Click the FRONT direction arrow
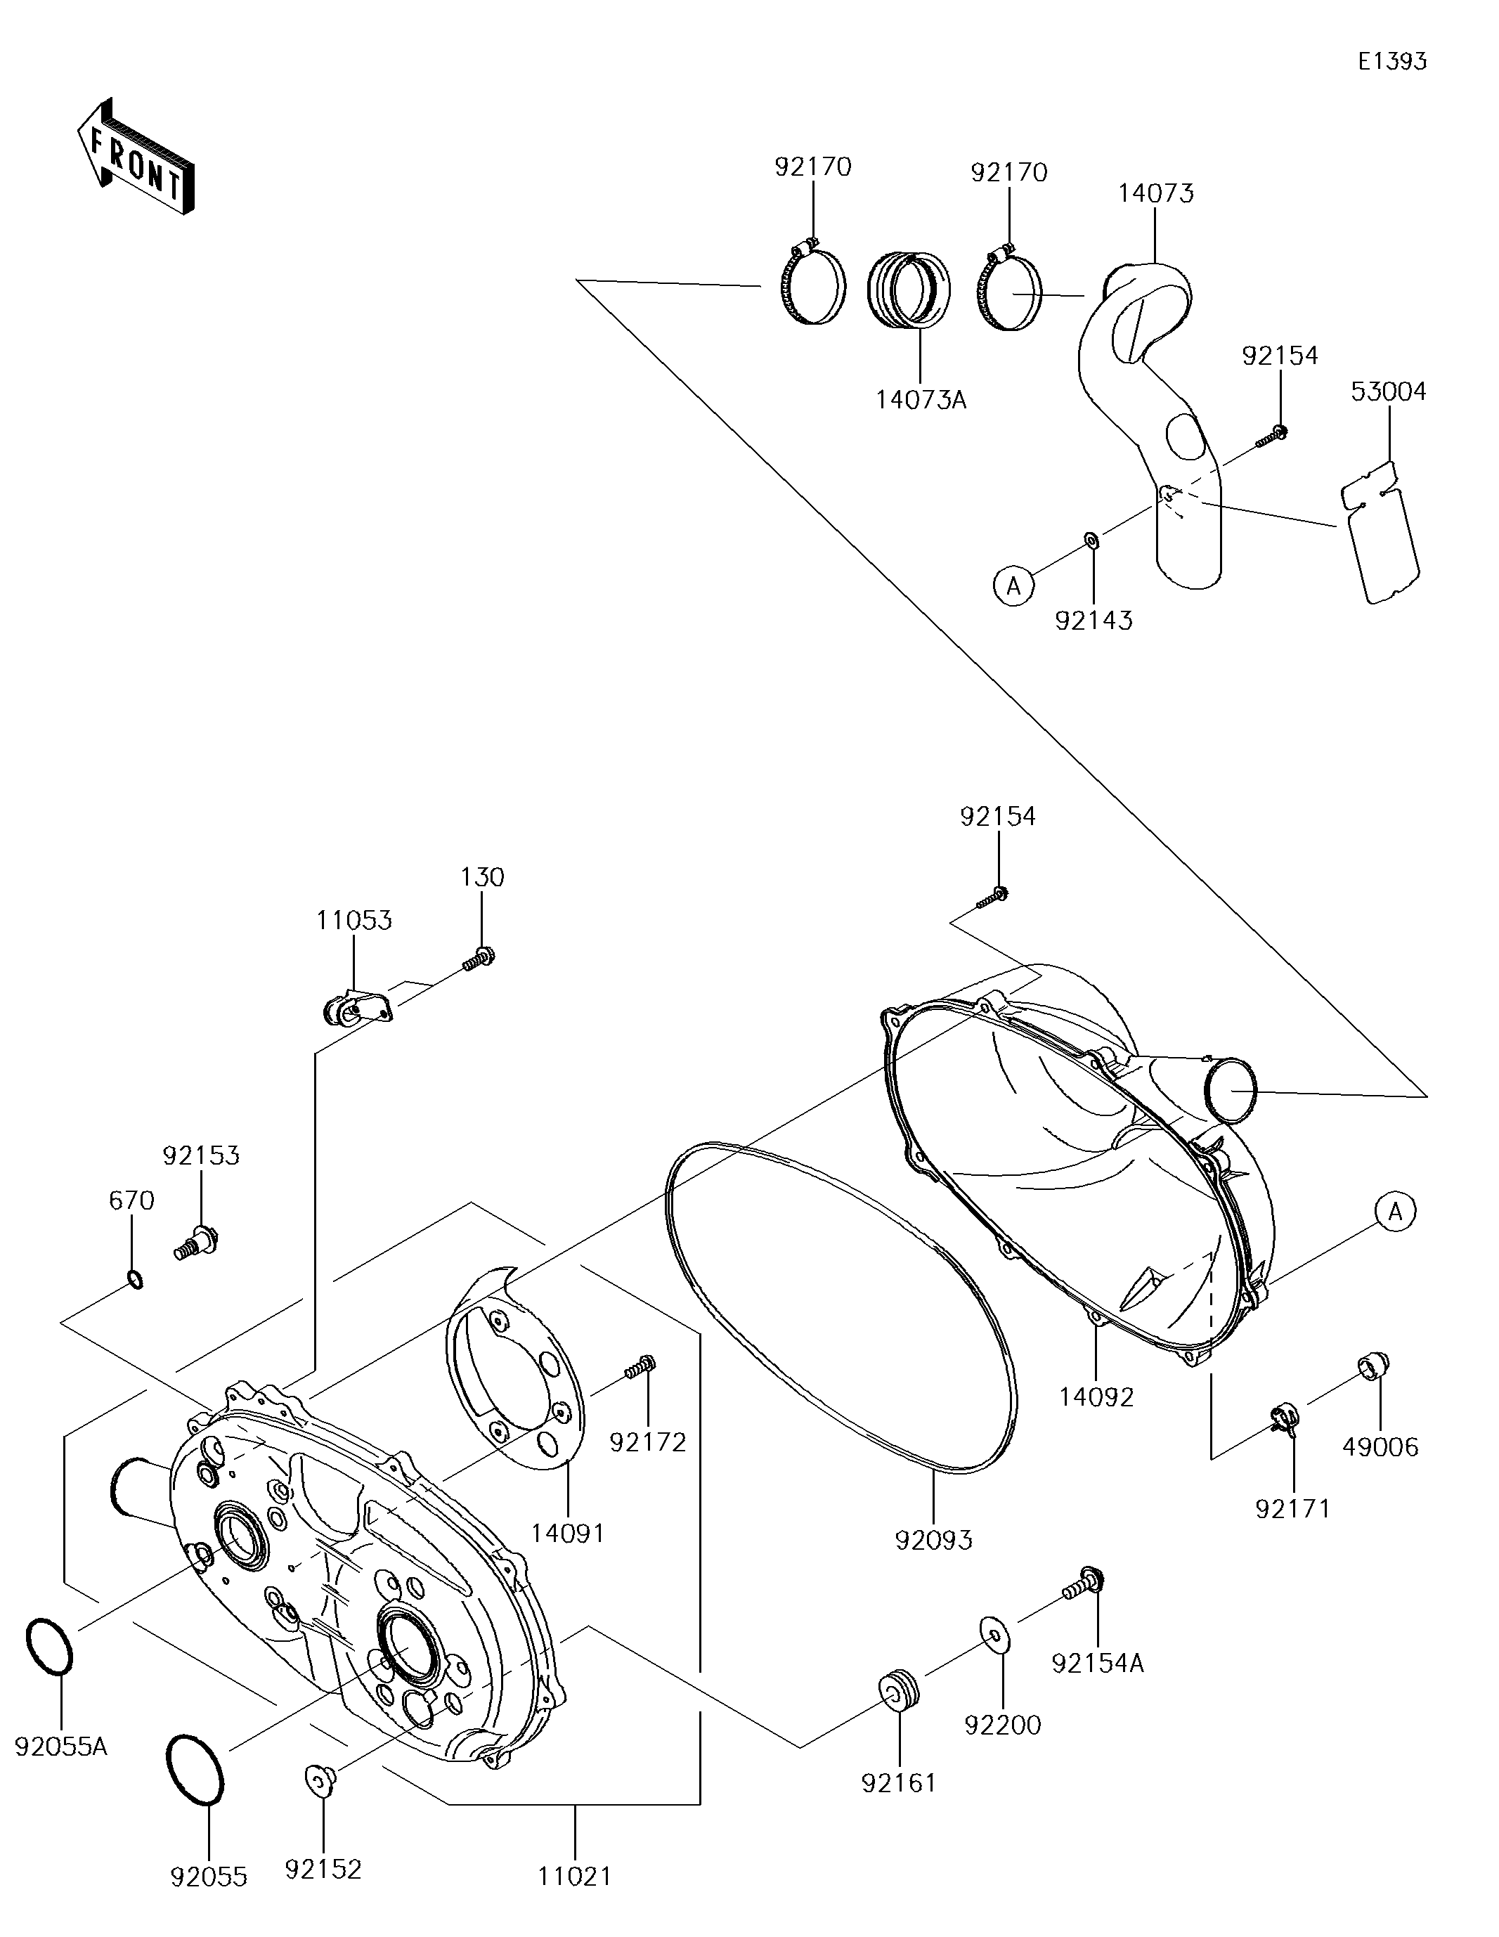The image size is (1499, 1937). [136, 158]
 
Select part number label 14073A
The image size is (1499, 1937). [921, 400]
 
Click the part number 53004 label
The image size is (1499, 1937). [1388, 391]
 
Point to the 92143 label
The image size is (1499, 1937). [1094, 620]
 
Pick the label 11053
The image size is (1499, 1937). [354, 921]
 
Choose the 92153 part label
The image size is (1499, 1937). [202, 1155]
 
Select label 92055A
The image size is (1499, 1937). [61, 1747]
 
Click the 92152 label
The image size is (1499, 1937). [323, 1869]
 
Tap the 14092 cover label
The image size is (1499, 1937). [1096, 1397]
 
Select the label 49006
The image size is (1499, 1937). [1380, 1446]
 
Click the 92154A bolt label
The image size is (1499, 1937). [1098, 1664]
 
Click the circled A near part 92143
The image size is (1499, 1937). [1014, 585]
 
